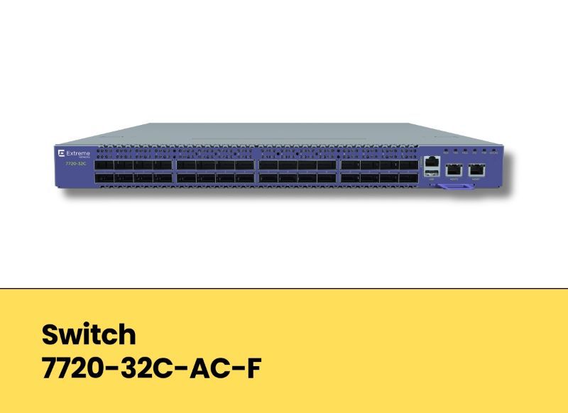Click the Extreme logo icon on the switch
pyautogui.click(x=62, y=153)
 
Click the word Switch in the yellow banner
pyautogui.click(x=88, y=334)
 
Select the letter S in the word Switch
pyautogui.click(x=50, y=334)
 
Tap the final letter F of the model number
pyautogui.click(x=252, y=368)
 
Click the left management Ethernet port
pyautogui.click(x=453, y=170)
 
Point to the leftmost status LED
pyautogui.click(x=445, y=151)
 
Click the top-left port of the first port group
pyautogui.click(x=104, y=165)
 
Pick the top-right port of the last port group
pyautogui.click(x=410, y=165)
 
